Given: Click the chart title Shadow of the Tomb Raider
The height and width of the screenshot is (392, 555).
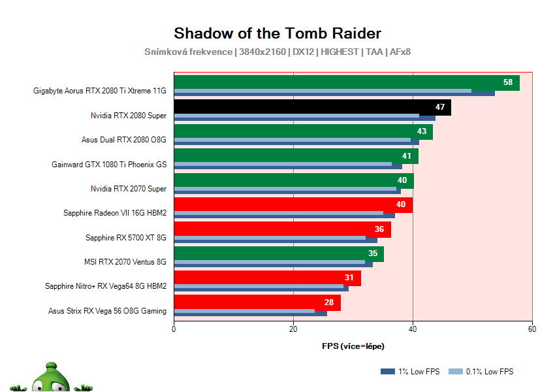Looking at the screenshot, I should tap(277, 33).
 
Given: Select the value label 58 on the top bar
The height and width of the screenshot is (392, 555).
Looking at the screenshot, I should tap(507, 82).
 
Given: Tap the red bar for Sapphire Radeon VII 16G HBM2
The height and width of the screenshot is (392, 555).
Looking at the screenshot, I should tap(287, 204).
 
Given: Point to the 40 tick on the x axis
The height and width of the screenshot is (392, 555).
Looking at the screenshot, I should tap(413, 329).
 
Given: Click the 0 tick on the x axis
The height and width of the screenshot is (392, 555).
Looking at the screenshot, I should tap(174, 329).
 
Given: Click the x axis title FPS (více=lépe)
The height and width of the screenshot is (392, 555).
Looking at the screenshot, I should tap(353, 346).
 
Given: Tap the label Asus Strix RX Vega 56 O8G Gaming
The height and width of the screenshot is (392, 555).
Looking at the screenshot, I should tap(107, 311).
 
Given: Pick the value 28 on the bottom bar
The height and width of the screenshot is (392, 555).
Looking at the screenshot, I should tap(328, 302).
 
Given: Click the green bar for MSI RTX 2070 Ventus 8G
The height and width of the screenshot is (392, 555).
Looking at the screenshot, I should tap(274, 253).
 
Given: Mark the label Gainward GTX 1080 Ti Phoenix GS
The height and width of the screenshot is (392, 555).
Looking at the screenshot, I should tap(109, 165).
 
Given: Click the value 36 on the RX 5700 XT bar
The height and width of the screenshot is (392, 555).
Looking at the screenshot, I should tap(379, 229).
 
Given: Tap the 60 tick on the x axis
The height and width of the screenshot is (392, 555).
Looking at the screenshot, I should tap(532, 329).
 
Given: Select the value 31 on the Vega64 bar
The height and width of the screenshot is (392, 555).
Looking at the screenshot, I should tap(349, 278).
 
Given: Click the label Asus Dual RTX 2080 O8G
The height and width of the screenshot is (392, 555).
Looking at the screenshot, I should tap(124, 140).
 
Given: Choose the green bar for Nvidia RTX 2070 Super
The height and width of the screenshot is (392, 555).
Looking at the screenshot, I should tap(287, 180).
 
